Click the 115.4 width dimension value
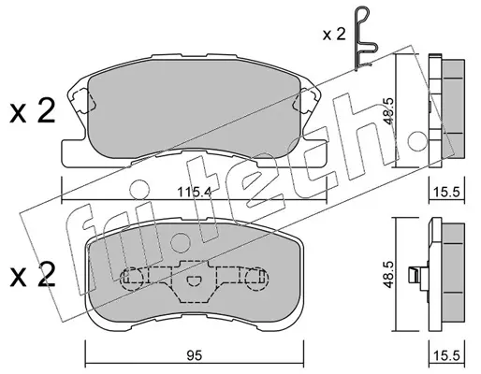[x=195, y=192]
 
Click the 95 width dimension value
[x=195, y=355]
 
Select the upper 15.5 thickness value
[x=447, y=192]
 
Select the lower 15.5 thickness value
[x=447, y=355]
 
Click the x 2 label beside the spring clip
[x=334, y=34]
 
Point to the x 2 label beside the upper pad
[x=33, y=111]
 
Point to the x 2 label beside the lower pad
[x=33, y=275]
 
